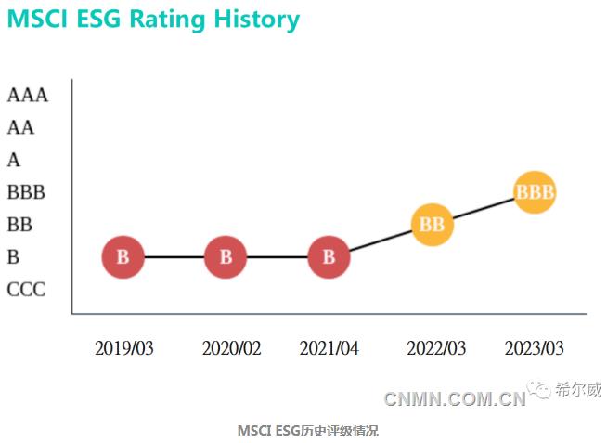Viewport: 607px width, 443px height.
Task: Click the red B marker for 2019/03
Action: pyautogui.click(x=123, y=257)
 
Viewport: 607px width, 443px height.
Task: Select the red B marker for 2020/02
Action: pyautogui.click(x=226, y=257)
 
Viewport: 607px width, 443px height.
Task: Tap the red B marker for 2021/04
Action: pyautogui.click(x=328, y=257)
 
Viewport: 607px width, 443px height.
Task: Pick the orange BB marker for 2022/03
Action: pyautogui.click(x=432, y=225)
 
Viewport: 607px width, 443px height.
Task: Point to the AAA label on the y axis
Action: pyautogui.click(x=27, y=95)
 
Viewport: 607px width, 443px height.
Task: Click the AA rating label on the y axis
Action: pyautogui.click(x=20, y=127)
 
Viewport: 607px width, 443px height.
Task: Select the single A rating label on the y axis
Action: pyautogui.click(x=14, y=160)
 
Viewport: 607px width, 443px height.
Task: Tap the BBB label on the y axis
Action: pyautogui.click(x=26, y=192)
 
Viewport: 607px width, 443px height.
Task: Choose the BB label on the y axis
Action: pyautogui.click(x=19, y=225)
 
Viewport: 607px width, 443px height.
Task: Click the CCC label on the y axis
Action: pyautogui.click(x=26, y=290)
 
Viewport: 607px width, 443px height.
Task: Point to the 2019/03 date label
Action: pyautogui.click(x=123, y=348)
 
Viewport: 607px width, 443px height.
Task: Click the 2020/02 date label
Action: pyautogui.click(x=231, y=348)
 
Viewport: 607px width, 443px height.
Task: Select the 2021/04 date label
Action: pyautogui.click(x=329, y=348)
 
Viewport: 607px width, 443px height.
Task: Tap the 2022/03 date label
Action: pyautogui.click(x=436, y=348)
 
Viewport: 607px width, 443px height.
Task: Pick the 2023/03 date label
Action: pyautogui.click(x=534, y=348)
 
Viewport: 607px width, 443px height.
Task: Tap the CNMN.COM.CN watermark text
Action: pyautogui.click(x=455, y=400)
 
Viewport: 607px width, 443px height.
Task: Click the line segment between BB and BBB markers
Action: pyautogui.click(x=483, y=209)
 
